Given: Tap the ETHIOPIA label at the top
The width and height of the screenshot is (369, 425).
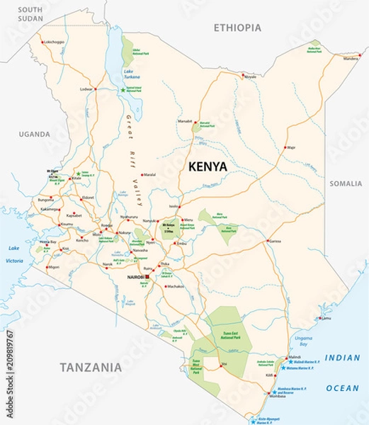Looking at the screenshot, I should (x=237, y=28).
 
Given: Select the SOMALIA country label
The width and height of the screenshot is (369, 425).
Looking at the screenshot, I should (x=345, y=183).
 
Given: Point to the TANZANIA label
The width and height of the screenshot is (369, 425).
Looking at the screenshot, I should (x=90, y=367).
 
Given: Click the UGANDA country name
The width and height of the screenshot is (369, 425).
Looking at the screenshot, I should (x=35, y=134).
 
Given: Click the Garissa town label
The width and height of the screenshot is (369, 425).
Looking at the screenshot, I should (x=275, y=242).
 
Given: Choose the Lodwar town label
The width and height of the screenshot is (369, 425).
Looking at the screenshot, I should (x=86, y=89).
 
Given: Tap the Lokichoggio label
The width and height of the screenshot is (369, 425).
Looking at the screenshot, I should (x=54, y=42).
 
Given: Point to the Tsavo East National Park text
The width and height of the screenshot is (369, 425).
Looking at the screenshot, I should (x=228, y=336).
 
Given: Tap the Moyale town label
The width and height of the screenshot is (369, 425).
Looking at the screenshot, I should (x=250, y=76).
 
